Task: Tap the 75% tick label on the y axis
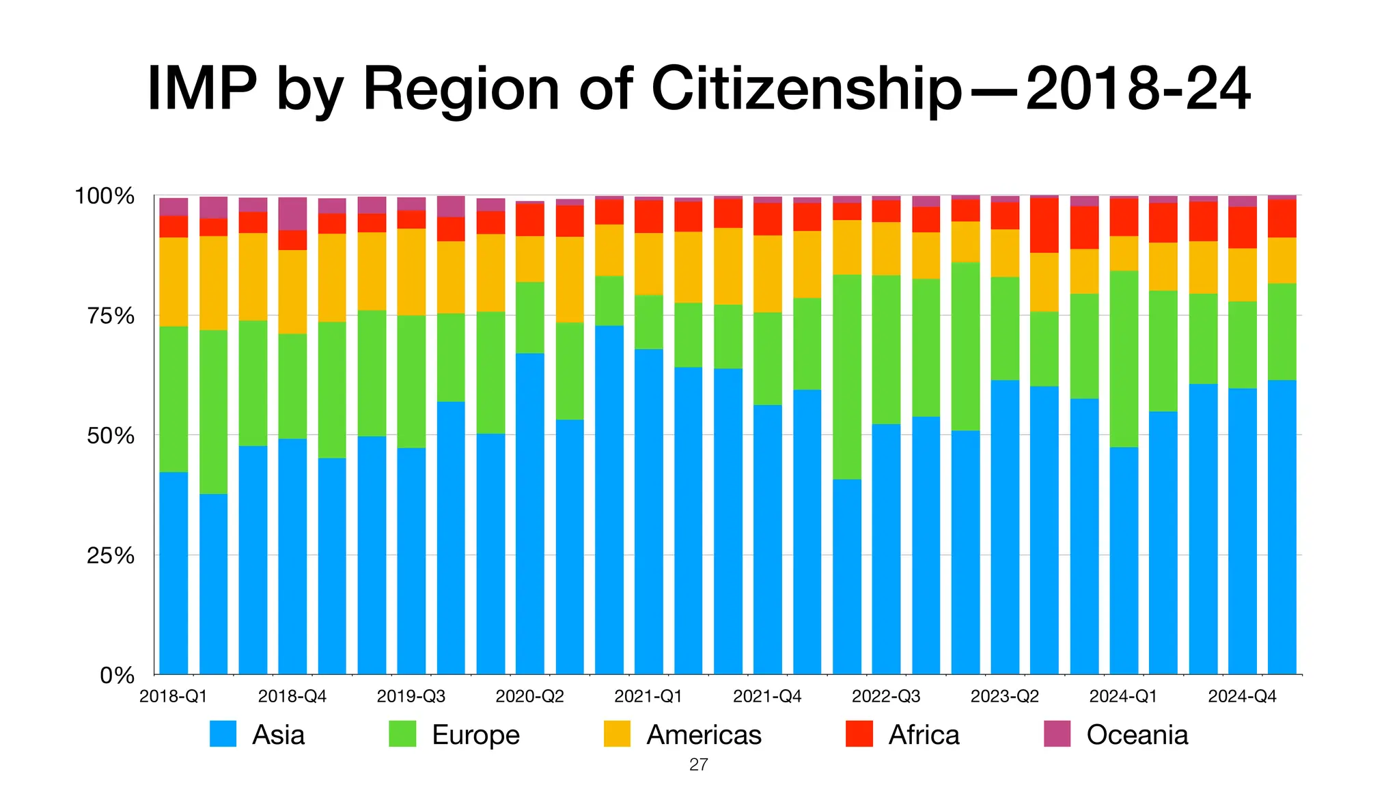(x=105, y=316)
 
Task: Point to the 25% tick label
(x=105, y=555)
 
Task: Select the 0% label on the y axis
(x=117, y=676)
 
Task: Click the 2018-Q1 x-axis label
(x=173, y=696)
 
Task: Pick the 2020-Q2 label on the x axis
(x=529, y=696)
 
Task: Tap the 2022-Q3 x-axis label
(x=886, y=696)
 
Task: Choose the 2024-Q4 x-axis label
(x=1242, y=696)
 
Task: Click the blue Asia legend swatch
(x=223, y=734)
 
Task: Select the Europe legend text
(x=475, y=735)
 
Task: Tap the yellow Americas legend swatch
(x=617, y=734)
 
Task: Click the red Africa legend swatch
(x=859, y=734)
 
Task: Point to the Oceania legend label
(x=1137, y=735)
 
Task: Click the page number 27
(x=698, y=764)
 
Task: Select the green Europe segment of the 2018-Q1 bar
(x=174, y=399)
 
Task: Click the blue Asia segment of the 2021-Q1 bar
(x=648, y=512)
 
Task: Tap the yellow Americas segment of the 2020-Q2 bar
(x=530, y=259)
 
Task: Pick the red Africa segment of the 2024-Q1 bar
(x=1124, y=217)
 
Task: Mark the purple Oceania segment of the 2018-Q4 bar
(x=292, y=213)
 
